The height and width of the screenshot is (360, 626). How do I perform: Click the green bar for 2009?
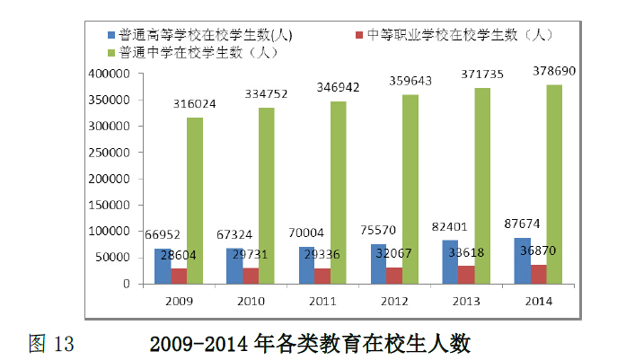tap(195, 201)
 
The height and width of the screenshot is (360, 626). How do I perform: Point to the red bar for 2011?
tap(322, 277)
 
